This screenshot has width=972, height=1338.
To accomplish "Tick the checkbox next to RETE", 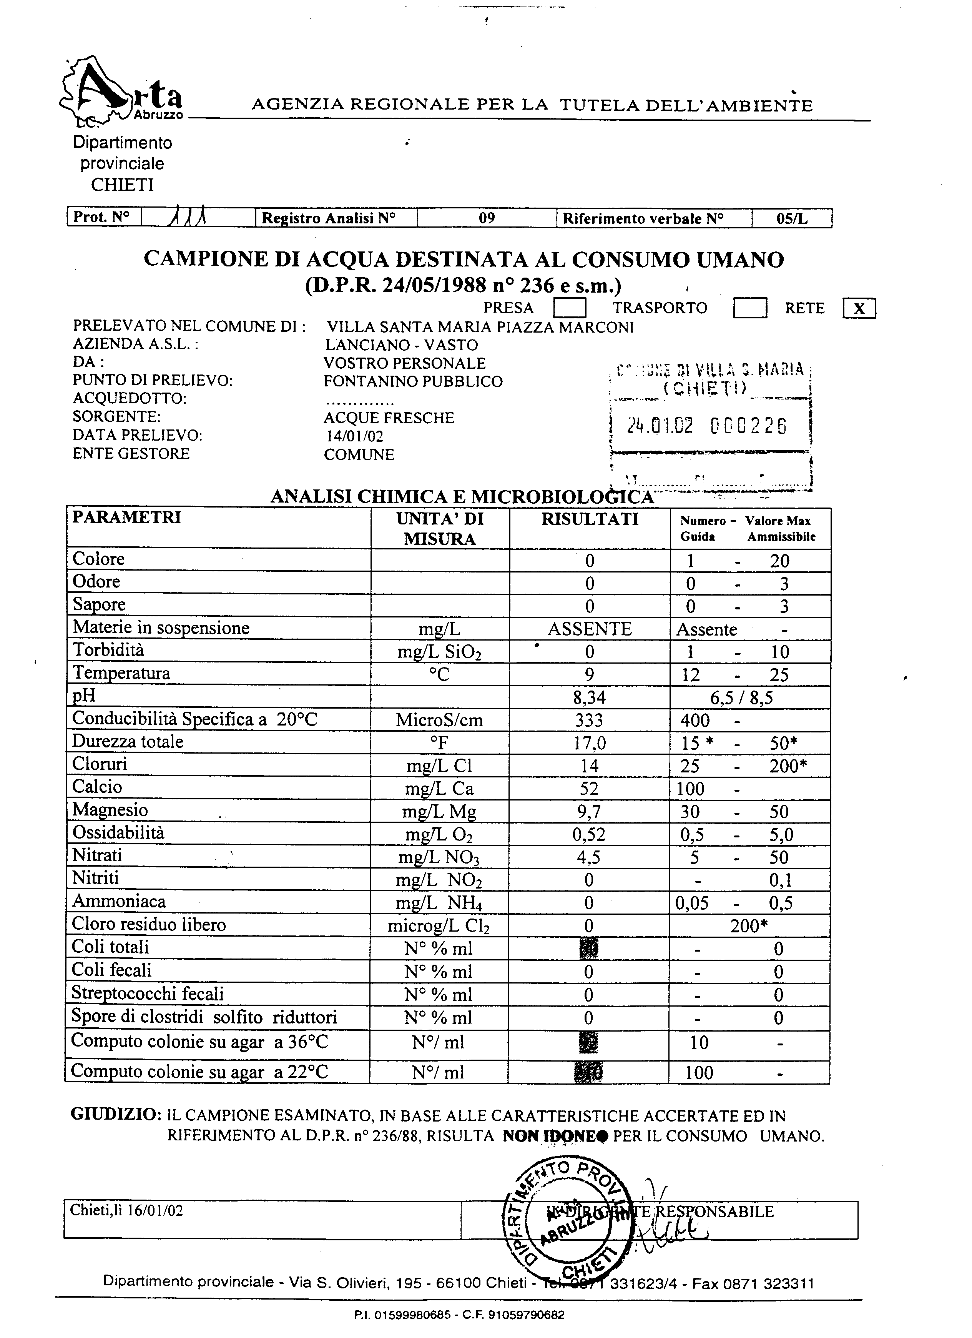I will (859, 308).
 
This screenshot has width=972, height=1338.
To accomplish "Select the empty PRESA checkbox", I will (569, 308).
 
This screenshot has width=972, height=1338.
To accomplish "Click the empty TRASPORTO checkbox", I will (749, 308).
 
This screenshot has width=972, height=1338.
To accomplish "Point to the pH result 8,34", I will (589, 698).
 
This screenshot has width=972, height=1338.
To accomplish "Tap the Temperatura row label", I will (121, 673).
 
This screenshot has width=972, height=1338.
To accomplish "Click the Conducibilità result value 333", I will (589, 720).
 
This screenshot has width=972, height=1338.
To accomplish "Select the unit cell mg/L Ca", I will (439, 789).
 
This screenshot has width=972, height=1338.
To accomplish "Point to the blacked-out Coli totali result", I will (589, 949).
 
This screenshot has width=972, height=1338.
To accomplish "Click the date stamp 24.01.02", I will (660, 425).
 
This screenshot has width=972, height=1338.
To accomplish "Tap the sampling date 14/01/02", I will (354, 436).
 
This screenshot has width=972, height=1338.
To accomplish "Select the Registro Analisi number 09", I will (487, 218).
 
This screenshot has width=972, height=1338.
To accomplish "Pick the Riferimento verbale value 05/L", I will (791, 219).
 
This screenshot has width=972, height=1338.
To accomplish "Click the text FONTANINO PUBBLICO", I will (413, 382).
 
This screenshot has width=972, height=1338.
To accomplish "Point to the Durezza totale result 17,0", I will (589, 743).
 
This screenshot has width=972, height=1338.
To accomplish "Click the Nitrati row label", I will (97, 855).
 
